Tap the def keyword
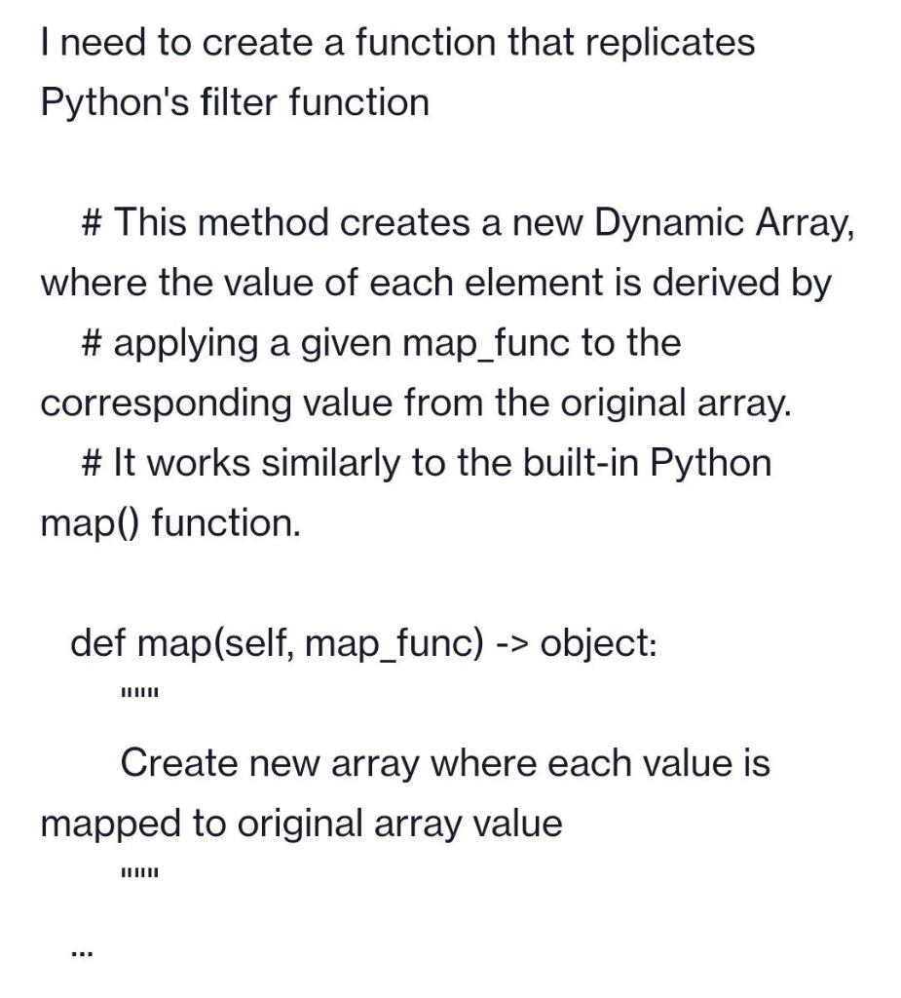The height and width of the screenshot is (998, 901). [98, 644]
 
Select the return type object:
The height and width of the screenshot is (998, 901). [598, 644]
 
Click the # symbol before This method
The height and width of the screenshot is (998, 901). [94, 223]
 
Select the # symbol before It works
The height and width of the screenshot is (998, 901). [94, 463]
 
